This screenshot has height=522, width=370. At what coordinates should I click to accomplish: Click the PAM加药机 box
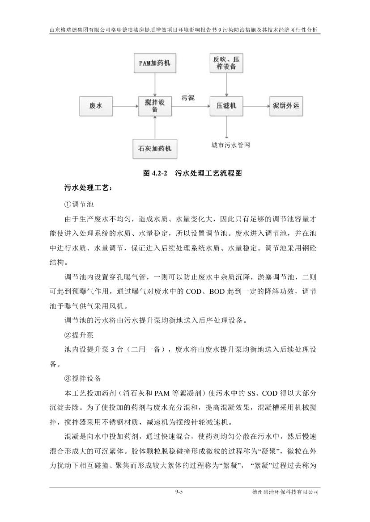pos(154,63)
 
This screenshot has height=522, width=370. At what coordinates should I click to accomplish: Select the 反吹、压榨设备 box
pos(227,63)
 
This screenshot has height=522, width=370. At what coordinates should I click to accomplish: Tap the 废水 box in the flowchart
pos(96,106)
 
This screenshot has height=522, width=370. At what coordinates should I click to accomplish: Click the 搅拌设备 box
pos(154,106)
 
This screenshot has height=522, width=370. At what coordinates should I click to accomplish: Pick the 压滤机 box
pos(227,106)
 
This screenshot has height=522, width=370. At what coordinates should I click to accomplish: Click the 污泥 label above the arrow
pos(188,98)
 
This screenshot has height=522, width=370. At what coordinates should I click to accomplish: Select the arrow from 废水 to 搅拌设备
pos(124,106)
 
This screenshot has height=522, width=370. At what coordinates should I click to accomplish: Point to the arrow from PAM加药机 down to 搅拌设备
pos(154,84)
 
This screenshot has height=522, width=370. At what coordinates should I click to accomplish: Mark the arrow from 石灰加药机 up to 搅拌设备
pos(154,127)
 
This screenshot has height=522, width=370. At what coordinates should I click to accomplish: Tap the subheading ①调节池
pos(79,204)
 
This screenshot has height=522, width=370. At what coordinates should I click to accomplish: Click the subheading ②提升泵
pos(79,335)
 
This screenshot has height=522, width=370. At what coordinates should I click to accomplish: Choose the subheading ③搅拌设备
pos(83,378)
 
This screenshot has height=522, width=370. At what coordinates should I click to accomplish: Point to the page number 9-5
pos(179,491)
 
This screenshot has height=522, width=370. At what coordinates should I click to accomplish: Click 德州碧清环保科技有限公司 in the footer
pos(285,492)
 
